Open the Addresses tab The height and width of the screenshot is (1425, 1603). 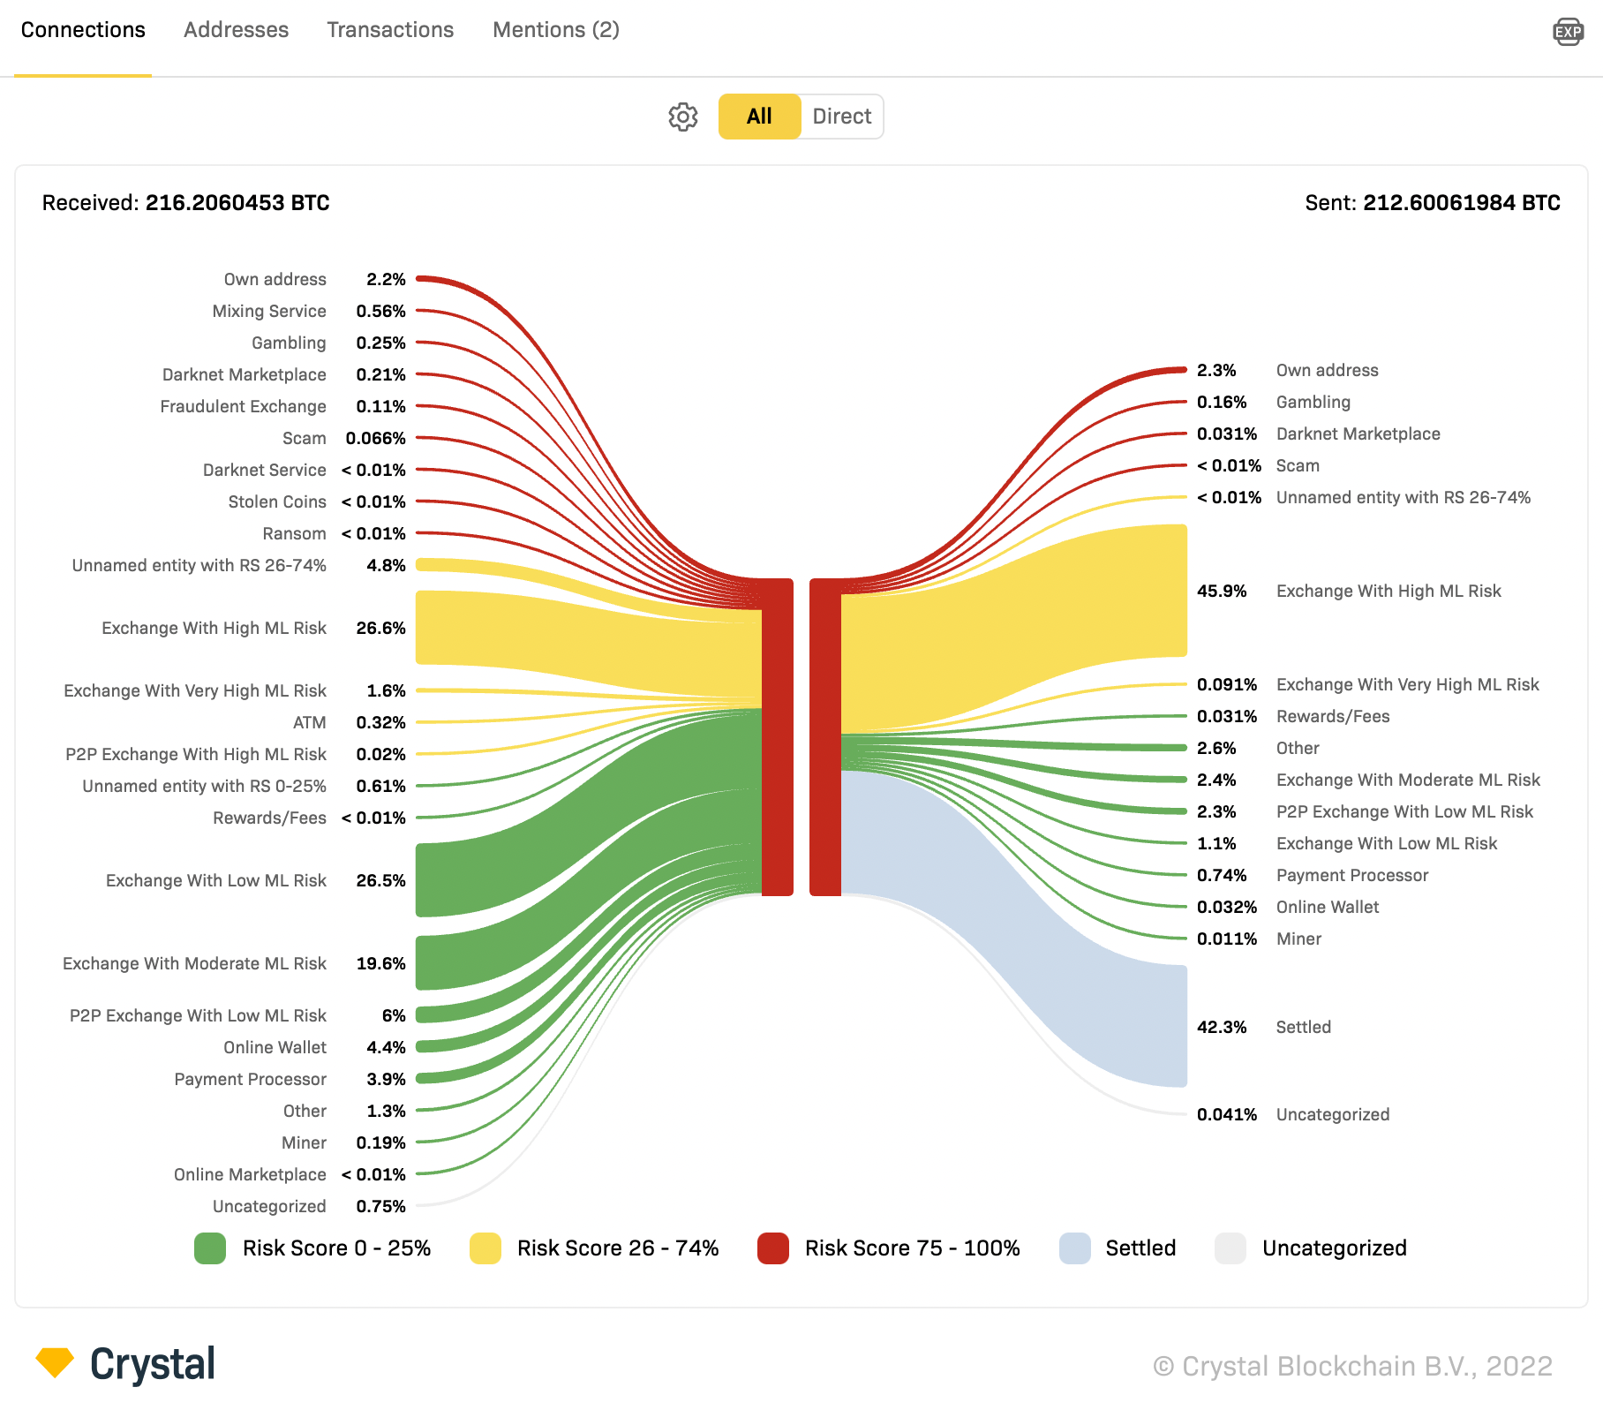[236, 30]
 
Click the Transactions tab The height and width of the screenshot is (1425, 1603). [389, 30]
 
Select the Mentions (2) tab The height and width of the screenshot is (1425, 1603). [555, 30]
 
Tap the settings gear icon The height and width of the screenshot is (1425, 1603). [682, 117]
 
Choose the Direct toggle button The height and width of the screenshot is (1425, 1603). [841, 117]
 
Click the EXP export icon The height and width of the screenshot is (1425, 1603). [1568, 32]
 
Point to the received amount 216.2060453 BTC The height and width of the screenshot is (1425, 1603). [237, 203]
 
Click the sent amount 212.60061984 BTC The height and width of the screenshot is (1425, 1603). [1461, 203]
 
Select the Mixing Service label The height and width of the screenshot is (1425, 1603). [268, 311]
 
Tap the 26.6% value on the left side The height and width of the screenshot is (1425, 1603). [380, 628]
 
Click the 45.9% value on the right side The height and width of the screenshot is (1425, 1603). [1221, 591]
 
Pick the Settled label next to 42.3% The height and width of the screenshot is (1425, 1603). [1303, 1027]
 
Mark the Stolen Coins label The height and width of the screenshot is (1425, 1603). [276, 501]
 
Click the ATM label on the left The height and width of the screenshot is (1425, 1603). [309, 722]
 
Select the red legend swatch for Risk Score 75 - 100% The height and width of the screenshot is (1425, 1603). [772, 1248]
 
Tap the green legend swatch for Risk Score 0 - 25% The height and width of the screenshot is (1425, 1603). [210, 1248]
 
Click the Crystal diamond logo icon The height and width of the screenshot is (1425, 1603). [55, 1361]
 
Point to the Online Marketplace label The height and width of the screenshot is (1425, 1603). [249, 1174]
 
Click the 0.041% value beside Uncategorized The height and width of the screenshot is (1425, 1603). [1226, 1114]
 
